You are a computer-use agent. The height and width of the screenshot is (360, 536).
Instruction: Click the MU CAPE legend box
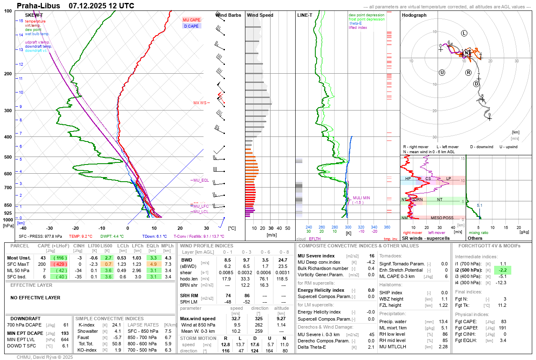(192, 20)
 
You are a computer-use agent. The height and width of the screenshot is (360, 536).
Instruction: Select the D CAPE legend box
(192, 26)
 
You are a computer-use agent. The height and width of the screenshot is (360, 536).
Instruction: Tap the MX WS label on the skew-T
(200, 103)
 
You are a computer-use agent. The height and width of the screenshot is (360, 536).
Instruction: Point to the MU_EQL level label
(201, 180)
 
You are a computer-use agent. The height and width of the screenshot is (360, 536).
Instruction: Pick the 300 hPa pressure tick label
(8, 111)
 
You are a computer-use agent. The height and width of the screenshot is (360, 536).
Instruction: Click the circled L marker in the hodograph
(464, 33)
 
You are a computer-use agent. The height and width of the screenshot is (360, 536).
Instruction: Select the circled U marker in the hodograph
(442, 73)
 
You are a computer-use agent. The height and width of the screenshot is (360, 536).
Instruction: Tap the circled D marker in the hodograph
(476, 84)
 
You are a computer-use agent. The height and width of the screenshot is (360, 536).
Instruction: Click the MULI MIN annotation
(361, 198)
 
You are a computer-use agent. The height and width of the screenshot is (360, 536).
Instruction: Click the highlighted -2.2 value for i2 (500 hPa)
(503, 270)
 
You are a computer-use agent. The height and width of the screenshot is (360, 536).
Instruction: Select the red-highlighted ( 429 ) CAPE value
(60, 264)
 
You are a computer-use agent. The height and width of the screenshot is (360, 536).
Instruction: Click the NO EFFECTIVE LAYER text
(35, 298)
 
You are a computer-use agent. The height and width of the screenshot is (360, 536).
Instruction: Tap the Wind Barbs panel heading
(228, 15)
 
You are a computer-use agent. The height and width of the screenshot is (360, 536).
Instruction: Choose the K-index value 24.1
(116, 325)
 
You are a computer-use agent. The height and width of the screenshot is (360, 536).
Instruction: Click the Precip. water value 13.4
(443, 321)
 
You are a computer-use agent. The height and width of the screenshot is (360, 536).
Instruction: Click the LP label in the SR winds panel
(448, 178)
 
